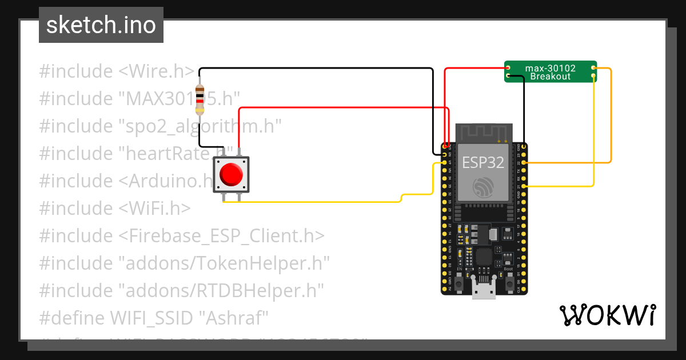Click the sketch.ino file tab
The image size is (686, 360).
point(101,25)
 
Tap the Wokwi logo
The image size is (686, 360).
point(607,315)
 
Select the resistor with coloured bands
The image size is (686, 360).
point(200,99)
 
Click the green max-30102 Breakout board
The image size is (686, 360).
point(550,72)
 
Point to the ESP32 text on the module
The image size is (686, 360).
point(483,162)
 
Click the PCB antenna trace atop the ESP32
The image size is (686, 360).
point(483,133)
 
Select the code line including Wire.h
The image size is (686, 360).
point(117,71)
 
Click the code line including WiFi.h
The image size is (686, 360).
point(114,209)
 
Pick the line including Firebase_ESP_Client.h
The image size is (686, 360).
point(182,236)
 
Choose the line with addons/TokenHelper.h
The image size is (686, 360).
point(185,263)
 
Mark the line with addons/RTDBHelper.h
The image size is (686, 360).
point(182,291)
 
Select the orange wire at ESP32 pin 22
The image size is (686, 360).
point(572,163)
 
